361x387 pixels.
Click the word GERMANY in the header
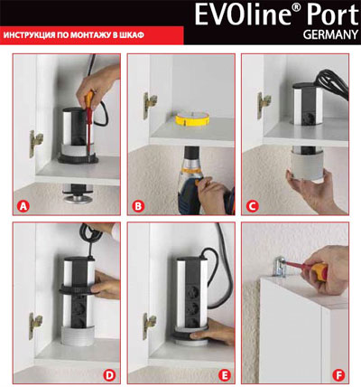tap(330, 35)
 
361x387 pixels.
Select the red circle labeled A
tap(23, 206)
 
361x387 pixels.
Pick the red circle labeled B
tap(138, 206)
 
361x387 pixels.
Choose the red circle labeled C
tap(252, 206)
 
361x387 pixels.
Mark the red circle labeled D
tap(109, 375)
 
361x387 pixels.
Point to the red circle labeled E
tap(224, 375)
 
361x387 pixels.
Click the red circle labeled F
tap(338, 375)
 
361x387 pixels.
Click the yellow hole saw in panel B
tap(192, 118)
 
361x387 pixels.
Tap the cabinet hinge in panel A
tap(35, 144)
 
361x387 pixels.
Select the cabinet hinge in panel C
tap(264, 105)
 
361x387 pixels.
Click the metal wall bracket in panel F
tap(280, 267)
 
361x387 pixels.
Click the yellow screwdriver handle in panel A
tap(89, 100)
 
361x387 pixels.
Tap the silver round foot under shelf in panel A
tap(78, 199)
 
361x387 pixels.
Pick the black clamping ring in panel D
tap(78, 289)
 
